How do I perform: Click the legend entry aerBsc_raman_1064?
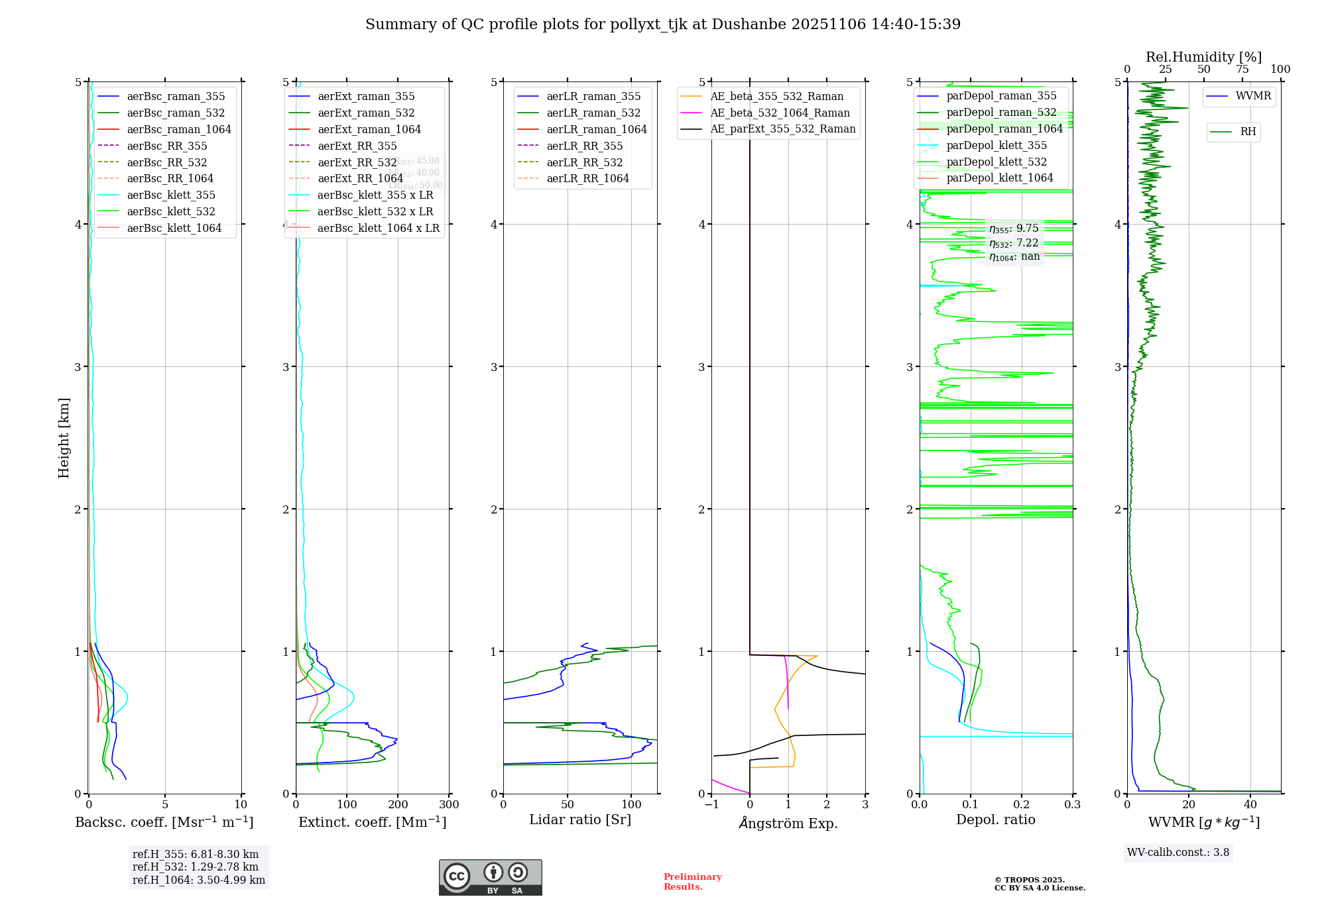coord(179,129)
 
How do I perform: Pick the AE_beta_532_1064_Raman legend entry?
coord(780,113)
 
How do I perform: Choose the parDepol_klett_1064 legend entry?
coord(999,178)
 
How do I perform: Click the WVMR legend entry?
coord(1253,96)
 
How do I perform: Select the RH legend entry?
coord(1248,132)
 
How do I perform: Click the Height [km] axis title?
coord(64,438)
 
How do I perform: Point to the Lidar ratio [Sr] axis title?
coord(579,820)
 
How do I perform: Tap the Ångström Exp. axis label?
coord(788,823)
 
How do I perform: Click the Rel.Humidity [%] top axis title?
coord(1203,57)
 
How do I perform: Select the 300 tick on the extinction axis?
coord(449,805)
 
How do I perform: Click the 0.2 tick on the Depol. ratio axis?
coord(1022,805)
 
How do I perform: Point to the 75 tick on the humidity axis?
coord(1242,70)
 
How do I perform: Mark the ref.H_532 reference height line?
coord(196,867)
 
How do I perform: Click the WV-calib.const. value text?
coord(1178,853)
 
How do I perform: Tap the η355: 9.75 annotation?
coord(1014,229)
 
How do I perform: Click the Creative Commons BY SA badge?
coord(490,877)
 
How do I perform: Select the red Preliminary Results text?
coord(692,882)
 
